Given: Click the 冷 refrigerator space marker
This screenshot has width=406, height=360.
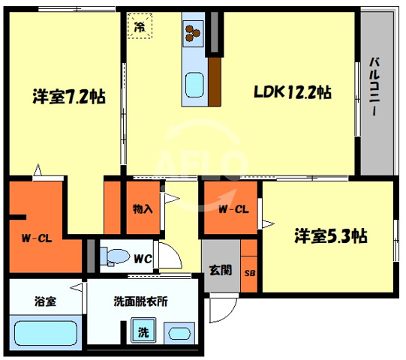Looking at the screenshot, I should (x=140, y=26).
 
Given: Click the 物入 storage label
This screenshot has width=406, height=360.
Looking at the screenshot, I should (x=143, y=208).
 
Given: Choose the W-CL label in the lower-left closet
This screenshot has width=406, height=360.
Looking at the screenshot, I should (x=35, y=240).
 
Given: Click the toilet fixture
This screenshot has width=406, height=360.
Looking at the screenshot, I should (x=113, y=256).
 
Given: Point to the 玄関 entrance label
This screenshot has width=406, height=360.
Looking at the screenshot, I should (x=220, y=270).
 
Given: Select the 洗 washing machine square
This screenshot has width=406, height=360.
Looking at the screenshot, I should (x=141, y=330).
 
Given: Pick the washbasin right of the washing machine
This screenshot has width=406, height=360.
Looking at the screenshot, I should (x=179, y=331).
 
